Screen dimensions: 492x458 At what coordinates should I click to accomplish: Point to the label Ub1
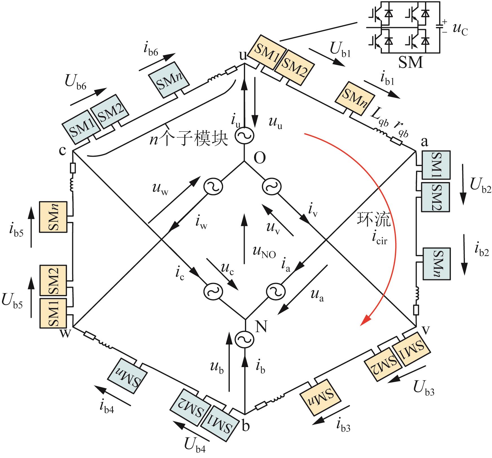[x=340, y=51]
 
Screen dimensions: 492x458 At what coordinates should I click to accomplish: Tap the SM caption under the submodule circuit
[x=411, y=63]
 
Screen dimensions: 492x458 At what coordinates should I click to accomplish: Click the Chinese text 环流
[x=374, y=220]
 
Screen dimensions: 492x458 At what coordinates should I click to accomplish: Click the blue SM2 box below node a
[x=436, y=197]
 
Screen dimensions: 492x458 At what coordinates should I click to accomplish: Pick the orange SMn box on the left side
[x=53, y=217]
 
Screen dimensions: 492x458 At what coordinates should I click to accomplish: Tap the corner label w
[x=65, y=333]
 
